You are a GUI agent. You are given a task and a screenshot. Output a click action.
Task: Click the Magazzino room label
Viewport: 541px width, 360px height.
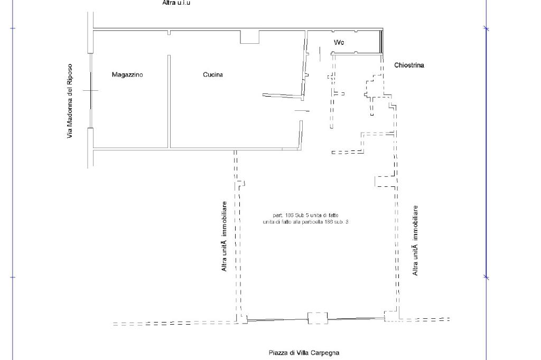pyautogui.click(x=127, y=75)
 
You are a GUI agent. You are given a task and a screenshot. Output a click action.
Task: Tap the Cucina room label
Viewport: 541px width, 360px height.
pyautogui.click(x=213, y=75)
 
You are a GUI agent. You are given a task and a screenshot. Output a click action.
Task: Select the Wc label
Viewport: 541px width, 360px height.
pyautogui.click(x=339, y=42)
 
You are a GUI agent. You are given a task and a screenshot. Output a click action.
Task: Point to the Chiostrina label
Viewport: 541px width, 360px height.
pyautogui.click(x=409, y=65)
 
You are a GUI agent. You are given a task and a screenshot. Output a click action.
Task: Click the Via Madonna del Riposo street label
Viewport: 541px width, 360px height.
pyautogui.click(x=70, y=101)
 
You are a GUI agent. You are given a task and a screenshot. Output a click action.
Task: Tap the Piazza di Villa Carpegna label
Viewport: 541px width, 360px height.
pyautogui.click(x=304, y=353)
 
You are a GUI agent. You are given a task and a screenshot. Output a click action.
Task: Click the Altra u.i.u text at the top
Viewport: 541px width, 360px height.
pyautogui.click(x=176, y=3)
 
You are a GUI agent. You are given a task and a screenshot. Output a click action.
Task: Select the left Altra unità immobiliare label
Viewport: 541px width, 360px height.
pyautogui.click(x=225, y=236)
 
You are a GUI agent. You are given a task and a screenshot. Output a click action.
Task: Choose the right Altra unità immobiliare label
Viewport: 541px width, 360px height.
pyautogui.click(x=416, y=240)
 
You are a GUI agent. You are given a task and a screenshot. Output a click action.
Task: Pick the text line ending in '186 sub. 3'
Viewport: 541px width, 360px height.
pyautogui.click(x=305, y=222)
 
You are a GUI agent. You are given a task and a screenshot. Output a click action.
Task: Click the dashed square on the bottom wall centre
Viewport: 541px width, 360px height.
pyautogui.click(x=318, y=318)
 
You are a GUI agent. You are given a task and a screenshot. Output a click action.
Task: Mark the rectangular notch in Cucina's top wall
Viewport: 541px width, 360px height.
pyautogui.click(x=250, y=37)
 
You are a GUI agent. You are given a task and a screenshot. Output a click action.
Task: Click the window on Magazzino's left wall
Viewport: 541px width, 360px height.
pyautogui.click(x=91, y=90)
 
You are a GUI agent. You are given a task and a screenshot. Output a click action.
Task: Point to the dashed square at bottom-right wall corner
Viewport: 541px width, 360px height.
pyautogui.click(x=391, y=316)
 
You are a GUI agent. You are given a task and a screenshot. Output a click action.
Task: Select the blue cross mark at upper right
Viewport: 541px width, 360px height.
pyautogui.click(x=487, y=29)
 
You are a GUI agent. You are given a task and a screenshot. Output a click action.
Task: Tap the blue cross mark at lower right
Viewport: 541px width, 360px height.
pyautogui.click(x=487, y=277)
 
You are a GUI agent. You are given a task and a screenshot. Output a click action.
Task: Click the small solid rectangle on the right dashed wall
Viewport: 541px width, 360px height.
pyautogui.click(x=385, y=181)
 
